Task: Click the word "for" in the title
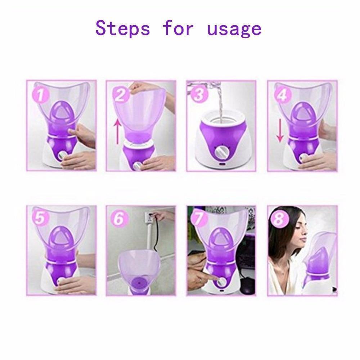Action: coord(178,28)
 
